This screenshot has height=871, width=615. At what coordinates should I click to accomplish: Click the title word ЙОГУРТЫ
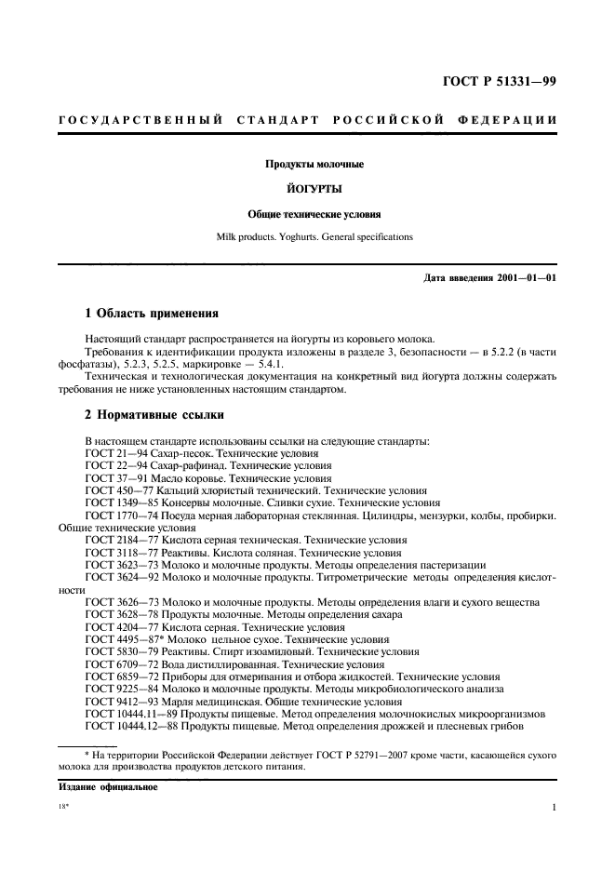[307, 188]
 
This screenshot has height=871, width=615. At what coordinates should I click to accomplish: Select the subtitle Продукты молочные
[307, 164]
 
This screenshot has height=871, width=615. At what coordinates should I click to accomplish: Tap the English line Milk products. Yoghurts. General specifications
[307, 237]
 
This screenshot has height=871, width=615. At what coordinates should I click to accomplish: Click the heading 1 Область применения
[152, 315]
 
